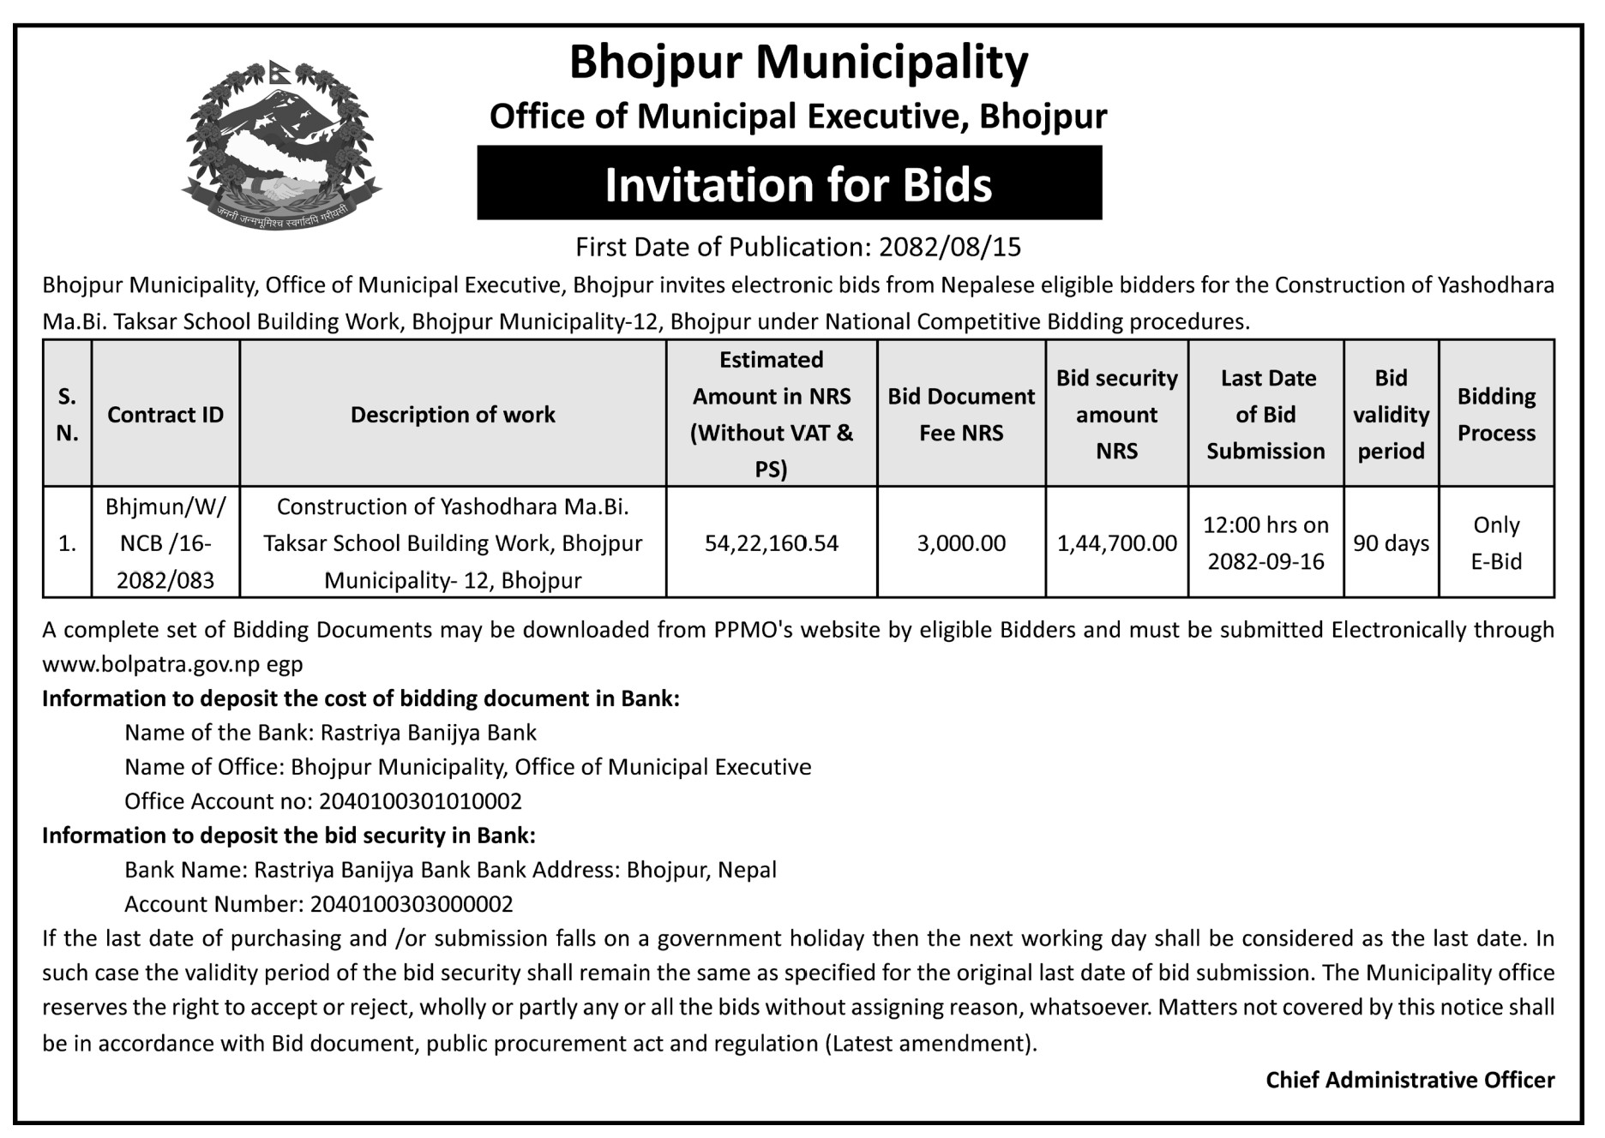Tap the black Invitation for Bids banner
[789, 183]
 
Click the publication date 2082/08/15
[950, 247]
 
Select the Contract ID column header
[165, 415]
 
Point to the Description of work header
[453, 415]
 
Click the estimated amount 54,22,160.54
[772, 543]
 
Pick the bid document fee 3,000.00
[961, 543]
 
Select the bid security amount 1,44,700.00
[1116, 543]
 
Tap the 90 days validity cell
[1391, 543]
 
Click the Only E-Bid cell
[1496, 543]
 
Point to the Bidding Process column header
[1496, 415]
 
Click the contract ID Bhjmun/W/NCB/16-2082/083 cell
[165, 543]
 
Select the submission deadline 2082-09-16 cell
[1265, 543]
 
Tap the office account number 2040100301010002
[420, 801]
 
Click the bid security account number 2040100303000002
[412, 904]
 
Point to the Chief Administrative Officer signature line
[1410, 1080]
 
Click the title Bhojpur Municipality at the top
[798, 63]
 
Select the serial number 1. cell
[67, 543]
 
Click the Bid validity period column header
[1391, 415]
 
